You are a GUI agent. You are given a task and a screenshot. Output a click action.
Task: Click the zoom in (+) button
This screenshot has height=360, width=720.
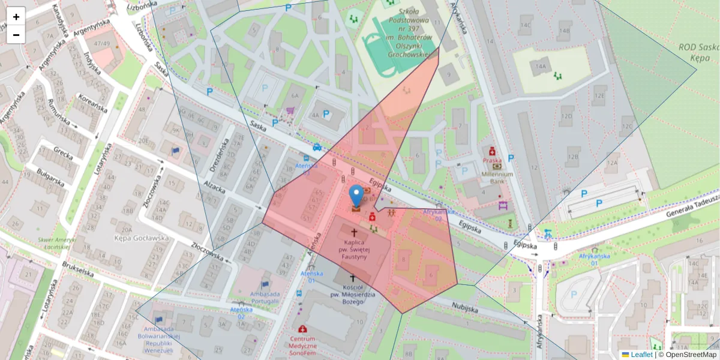pyautogui.click(x=16, y=17)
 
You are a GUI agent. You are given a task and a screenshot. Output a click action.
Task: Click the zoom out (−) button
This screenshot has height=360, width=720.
pyautogui.click(x=16, y=35)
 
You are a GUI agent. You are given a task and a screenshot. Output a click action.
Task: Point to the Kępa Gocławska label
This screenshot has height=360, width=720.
pyautogui.click(x=142, y=238)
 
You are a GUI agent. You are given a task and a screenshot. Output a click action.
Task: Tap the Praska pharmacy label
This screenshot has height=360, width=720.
pyautogui.click(x=492, y=160)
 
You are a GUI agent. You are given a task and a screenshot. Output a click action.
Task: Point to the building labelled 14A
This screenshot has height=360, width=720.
pyautogui.click(x=542, y=67)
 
